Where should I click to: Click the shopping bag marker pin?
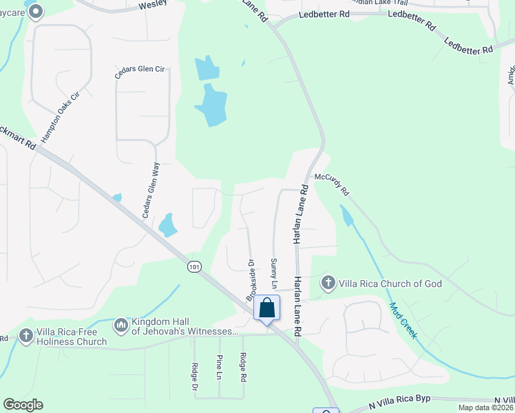(x=266, y=308)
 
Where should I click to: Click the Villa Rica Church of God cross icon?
(x=328, y=282)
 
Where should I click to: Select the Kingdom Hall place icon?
(x=121, y=324)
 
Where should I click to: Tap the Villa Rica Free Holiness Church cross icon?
(x=26, y=335)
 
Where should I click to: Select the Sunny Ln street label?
(x=273, y=274)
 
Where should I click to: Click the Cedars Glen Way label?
(x=151, y=191)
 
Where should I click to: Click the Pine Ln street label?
(x=219, y=367)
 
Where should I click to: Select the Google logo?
(x=23, y=405)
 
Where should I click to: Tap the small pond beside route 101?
(x=167, y=224)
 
